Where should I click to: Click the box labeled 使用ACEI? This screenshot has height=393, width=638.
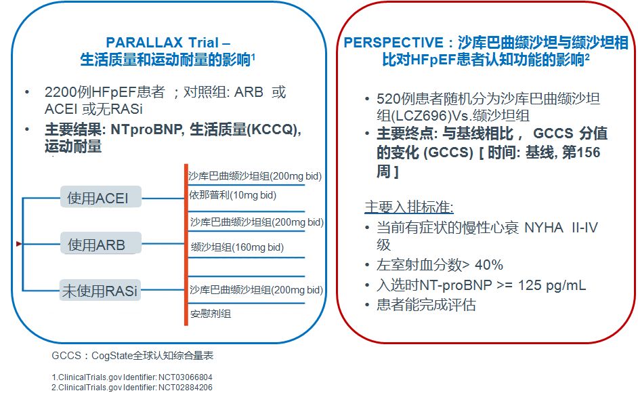(x=101, y=197)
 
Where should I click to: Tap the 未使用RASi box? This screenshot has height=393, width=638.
(x=100, y=290)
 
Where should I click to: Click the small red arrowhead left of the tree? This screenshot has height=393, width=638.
(x=19, y=243)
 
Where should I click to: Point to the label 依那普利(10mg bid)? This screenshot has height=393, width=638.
(x=233, y=195)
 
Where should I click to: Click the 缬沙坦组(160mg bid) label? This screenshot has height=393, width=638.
(x=237, y=247)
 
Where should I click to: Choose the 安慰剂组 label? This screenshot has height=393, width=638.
(x=211, y=314)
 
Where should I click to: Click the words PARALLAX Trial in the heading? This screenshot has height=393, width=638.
(x=163, y=43)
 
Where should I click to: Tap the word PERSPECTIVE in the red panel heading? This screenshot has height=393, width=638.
(x=393, y=43)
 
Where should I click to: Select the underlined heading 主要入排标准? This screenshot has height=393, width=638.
(x=409, y=207)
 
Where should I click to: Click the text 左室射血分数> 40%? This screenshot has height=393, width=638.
(x=440, y=265)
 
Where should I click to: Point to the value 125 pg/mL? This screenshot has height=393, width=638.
(x=552, y=285)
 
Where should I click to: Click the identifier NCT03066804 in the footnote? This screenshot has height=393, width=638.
(x=185, y=377)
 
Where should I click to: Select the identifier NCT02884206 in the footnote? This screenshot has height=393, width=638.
(x=185, y=388)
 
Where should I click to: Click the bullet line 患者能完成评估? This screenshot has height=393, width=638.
(x=426, y=305)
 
